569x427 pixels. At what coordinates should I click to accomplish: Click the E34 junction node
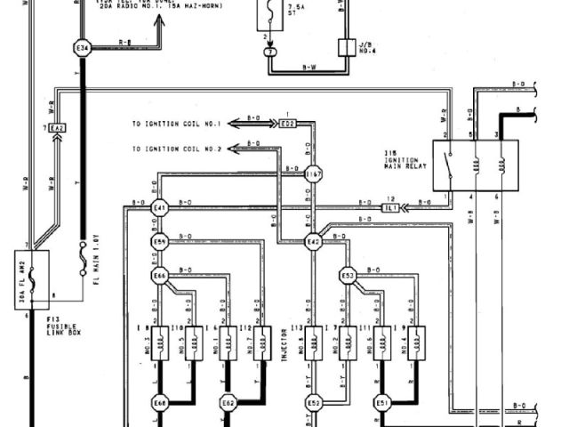[83, 47]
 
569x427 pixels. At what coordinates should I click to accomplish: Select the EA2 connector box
[57, 129]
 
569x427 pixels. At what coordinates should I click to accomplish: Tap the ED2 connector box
[286, 123]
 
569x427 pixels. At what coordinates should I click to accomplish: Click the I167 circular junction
[313, 175]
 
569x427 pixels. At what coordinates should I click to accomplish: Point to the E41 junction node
[160, 208]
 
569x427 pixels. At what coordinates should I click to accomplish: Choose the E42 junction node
[313, 241]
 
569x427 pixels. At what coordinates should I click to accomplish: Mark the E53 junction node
[348, 275]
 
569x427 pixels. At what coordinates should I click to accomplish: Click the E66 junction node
[160, 275]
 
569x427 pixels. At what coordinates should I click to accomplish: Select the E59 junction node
[160, 241]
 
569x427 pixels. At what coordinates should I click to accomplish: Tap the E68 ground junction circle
[160, 402]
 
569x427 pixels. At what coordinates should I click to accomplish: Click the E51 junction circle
[382, 402]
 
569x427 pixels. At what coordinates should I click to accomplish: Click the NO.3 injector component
[160, 340]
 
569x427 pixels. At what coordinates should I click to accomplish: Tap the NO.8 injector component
[313, 340]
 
